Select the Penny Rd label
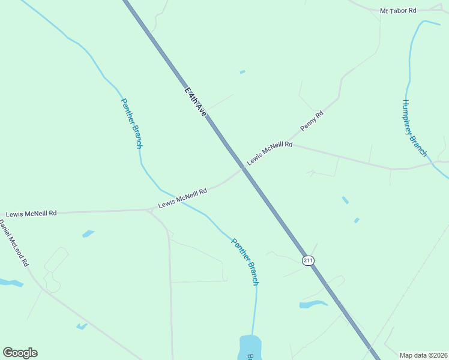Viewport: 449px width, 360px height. [x=312, y=121]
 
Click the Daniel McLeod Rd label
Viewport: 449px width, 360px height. [x=13, y=242]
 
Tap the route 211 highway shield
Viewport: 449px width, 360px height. [x=308, y=260]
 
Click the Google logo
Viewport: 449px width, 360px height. [x=20, y=353]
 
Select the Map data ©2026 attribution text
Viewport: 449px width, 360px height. [x=423, y=355]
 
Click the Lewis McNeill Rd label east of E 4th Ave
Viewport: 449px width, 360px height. [x=270, y=153]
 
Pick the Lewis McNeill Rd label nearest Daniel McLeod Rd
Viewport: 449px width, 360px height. [x=31, y=213]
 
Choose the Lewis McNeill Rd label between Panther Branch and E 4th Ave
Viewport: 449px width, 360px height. [x=182, y=199]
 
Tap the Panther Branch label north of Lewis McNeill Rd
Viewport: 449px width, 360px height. [x=131, y=123]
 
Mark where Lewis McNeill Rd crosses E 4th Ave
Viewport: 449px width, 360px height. [x=243, y=169]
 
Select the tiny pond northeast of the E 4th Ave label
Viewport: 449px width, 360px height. [x=243, y=72]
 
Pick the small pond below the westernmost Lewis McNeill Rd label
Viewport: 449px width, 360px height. [x=88, y=233]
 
